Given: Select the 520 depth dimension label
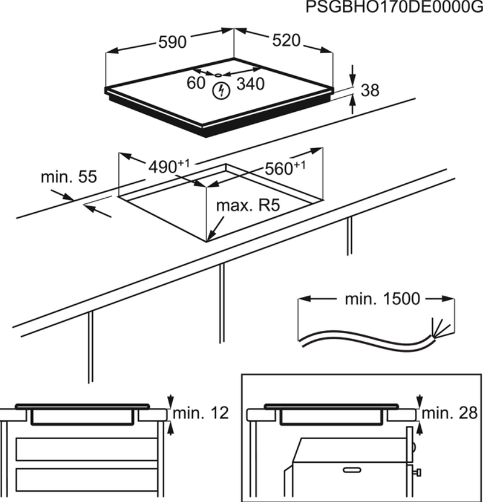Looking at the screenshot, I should click(286, 40).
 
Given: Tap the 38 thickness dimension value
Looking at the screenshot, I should click(370, 90).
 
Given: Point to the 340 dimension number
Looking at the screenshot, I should click(251, 84).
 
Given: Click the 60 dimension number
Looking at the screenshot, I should click(196, 83).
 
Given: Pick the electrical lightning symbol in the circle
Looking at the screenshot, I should click(220, 90).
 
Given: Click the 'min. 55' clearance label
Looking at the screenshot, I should click(68, 176).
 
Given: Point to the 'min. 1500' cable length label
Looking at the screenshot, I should click(382, 299).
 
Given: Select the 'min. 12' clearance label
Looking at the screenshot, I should click(201, 412).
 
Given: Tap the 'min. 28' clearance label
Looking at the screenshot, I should click(450, 412).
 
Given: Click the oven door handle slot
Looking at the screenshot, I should click(352, 470).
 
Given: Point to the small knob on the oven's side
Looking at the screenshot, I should click(417, 473).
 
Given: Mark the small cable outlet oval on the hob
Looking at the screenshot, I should click(218, 75).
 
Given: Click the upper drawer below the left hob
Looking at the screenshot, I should click(86, 448).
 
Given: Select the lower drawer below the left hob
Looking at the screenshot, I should click(86, 479).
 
